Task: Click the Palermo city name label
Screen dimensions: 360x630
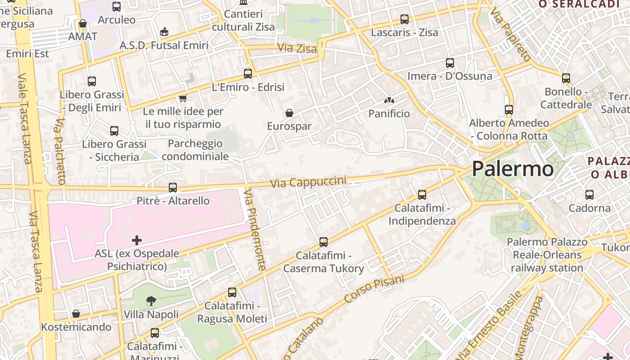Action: click(513, 169)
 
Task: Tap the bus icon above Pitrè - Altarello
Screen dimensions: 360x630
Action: click(173, 188)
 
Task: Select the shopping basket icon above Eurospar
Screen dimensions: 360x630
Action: click(289, 112)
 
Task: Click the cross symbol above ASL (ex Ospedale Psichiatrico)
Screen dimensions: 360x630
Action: click(137, 240)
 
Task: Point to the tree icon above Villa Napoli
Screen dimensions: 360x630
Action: click(151, 301)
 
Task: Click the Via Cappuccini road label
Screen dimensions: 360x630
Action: click(308, 182)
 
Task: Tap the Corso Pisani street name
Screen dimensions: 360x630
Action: click(374, 289)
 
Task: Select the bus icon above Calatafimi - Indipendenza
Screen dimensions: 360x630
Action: click(422, 195)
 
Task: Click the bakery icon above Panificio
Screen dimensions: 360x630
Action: click(389, 100)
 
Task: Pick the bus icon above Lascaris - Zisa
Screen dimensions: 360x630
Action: click(405, 19)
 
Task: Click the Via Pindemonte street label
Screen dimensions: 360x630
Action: click(255, 229)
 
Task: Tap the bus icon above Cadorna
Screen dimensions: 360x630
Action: click(589, 195)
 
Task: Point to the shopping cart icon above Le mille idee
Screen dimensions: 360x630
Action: click(183, 98)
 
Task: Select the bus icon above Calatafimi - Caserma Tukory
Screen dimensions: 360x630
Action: click(324, 242)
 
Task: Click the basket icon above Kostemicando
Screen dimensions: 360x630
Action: click(76, 314)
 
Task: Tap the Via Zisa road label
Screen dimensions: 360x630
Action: click(297, 48)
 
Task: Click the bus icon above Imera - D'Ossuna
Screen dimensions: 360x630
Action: click(450, 63)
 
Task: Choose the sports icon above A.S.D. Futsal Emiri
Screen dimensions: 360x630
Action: click(164, 32)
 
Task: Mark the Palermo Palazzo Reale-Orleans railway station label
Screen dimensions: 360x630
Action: click(547, 255)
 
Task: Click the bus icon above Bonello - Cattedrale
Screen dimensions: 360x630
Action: click(566, 78)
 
